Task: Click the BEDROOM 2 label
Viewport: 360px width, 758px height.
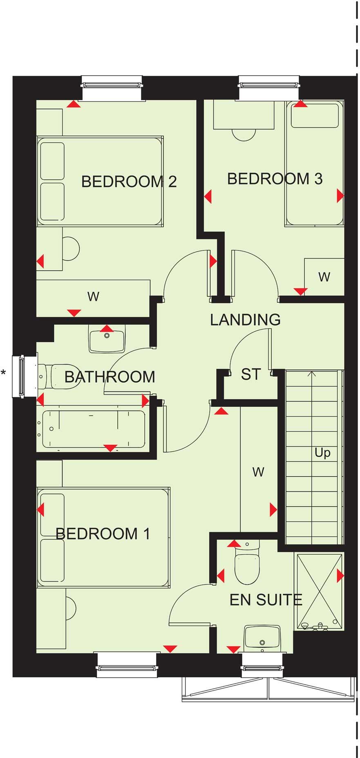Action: pos(129,182)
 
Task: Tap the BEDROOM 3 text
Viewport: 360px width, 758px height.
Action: pos(275,179)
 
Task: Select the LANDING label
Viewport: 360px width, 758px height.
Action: pos(245,320)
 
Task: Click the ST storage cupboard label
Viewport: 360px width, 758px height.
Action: pos(250,374)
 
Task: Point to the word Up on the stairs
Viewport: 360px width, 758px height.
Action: pos(322,453)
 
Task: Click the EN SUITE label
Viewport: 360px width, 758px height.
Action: pos(266,600)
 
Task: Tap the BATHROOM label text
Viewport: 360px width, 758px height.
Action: pos(110,377)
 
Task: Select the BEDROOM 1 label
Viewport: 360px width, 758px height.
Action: pos(103,534)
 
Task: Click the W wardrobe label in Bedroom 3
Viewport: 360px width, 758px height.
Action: pos(324,277)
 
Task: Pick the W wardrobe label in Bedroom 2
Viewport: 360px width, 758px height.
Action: pos(93,296)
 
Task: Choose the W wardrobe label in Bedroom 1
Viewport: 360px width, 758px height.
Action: pos(258,472)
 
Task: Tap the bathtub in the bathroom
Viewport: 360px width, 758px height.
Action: pos(93,429)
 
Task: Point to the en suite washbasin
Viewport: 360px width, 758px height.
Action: pos(262,639)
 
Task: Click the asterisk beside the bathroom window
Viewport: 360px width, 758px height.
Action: pos(3,372)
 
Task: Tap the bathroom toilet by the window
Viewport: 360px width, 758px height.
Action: pos(57,376)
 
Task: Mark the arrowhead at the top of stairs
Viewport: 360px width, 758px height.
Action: pos(312,373)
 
